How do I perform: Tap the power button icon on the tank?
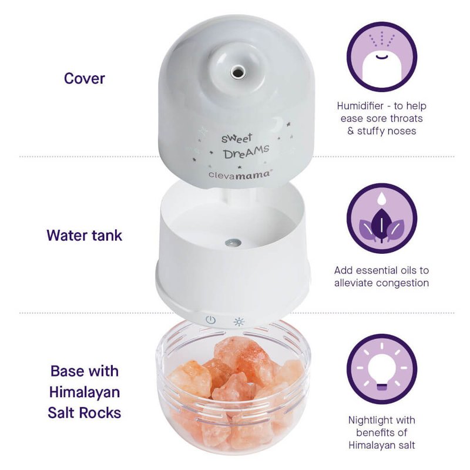211,320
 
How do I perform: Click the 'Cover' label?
85,79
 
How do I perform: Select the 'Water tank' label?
85,236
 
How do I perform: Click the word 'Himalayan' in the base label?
85,392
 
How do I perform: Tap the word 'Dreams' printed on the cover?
246,152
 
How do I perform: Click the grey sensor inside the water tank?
233,242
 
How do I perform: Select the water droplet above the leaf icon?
381,198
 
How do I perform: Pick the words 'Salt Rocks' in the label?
85,413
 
